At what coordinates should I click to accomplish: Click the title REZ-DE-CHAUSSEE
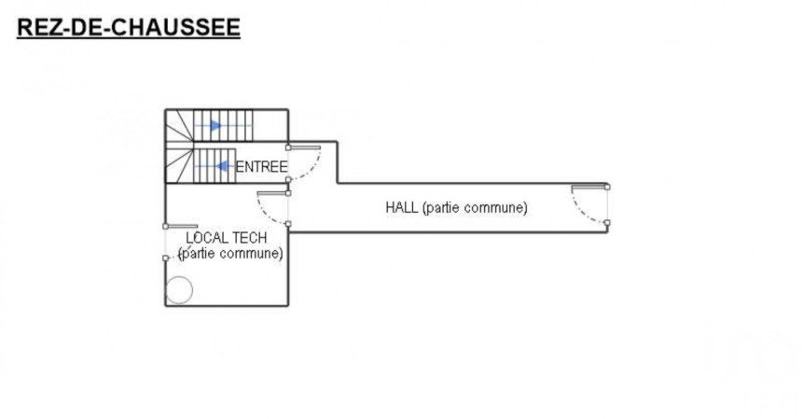(128, 27)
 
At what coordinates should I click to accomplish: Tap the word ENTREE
(261, 167)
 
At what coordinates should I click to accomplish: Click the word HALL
(401, 207)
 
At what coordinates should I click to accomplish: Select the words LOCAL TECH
(226, 239)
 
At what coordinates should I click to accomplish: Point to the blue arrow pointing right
(215, 124)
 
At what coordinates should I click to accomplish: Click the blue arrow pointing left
(223, 166)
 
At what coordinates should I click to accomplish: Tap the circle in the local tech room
(179, 290)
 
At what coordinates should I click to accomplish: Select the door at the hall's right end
(591, 204)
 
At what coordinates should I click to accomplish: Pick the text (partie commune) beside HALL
(475, 207)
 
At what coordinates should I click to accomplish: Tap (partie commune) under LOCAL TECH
(230, 254)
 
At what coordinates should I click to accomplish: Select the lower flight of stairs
(214, 166)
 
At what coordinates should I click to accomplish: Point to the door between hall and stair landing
(273, 207)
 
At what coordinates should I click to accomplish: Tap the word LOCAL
(206, 239)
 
